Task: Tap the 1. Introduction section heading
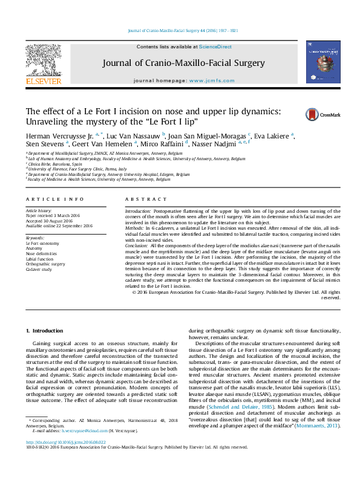coord(47,331)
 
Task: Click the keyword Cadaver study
coord(39,269)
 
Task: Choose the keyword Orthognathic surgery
coord(44,264)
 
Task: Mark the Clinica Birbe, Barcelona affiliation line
coord(54,164)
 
